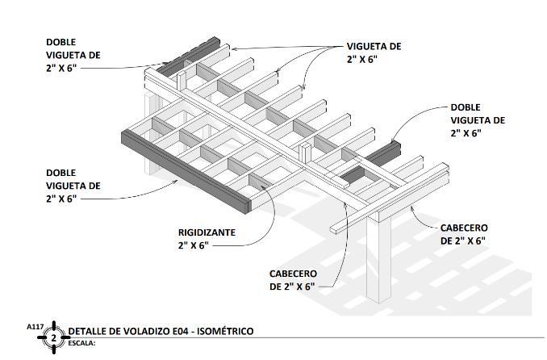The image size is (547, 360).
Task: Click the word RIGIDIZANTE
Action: tap(207, 232)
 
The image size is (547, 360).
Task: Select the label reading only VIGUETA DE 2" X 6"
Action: tap(374, 52)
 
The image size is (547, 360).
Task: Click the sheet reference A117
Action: tap(35, 327)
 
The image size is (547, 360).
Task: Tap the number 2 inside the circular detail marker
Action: tap(54, 337)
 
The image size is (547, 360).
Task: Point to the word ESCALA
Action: tap(81, 342)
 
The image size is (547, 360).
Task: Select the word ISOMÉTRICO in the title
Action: tap(222, 331)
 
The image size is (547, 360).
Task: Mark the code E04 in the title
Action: tap(181, 331)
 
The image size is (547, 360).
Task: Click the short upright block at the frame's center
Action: tap(305, 153)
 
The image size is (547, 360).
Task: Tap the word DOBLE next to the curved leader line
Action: tap(466, 107)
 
